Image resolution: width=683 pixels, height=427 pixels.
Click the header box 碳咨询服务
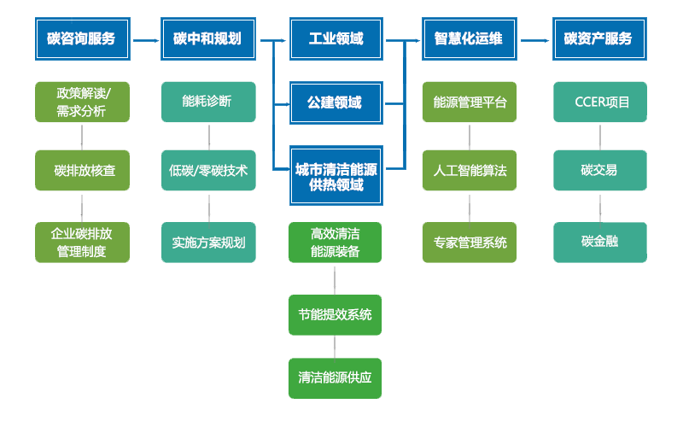pos(81,38)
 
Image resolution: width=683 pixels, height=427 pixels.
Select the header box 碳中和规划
pos(207,38)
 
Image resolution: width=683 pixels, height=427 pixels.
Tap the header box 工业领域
pos(335,38)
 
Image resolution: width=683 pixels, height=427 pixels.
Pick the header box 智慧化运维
pos(468,38)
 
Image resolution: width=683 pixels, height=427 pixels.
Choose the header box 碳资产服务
pos(598,38)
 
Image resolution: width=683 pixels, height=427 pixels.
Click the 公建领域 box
pos(335,102)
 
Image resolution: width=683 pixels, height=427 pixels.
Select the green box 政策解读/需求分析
pos(82,102)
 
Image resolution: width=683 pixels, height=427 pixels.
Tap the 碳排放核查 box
pos(82,170)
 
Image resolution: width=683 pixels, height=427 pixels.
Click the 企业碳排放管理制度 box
pos(82,242)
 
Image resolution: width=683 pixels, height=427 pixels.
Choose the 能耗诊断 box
pos(207,102)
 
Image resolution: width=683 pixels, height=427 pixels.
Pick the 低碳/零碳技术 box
pos(207,170)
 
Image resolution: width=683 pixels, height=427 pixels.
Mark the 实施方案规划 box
pos(207,242)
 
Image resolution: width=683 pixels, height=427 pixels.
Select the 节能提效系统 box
pos(335,314)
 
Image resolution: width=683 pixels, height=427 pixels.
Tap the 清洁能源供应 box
pos(335,377)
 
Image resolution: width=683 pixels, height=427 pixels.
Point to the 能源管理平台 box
pos(470,102)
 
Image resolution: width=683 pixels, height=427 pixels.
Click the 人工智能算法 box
pos(470,170)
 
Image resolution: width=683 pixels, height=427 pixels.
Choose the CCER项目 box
pos(599,102)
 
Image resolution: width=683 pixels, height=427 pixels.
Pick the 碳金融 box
pos(599,242)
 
